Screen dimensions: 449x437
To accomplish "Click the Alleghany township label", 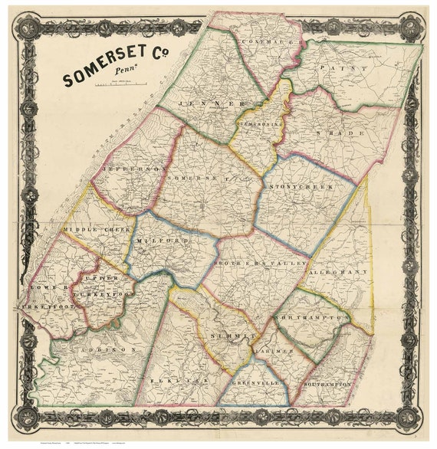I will (x=338, y=272).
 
